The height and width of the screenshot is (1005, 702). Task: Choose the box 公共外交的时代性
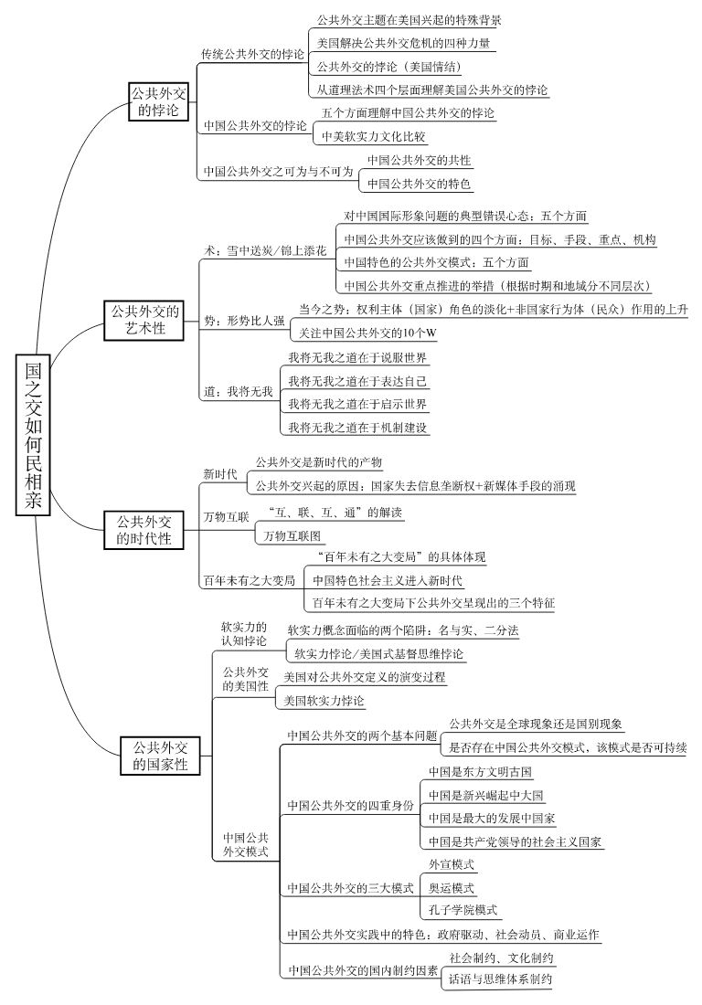click(x=143, y=530)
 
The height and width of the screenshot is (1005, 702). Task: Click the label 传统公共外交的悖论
click(x=253, y=54)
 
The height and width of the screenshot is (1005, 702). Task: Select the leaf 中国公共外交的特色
click(x=419, y=184)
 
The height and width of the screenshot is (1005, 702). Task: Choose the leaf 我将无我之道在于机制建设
click(x=358, y=427)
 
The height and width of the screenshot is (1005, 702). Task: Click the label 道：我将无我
click(x=238, y=391)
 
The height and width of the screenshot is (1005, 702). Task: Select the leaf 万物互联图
click(x=292, y=535)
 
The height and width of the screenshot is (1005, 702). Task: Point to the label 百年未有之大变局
click(x=249, y=580)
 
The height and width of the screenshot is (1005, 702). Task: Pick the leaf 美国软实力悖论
click(x=324, y=700)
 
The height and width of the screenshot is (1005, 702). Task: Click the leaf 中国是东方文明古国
click(x=480, y=771)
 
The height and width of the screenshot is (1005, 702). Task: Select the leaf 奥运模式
click(x=451, y=886)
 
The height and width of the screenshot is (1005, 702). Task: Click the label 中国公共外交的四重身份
click(x=350, y=805)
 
